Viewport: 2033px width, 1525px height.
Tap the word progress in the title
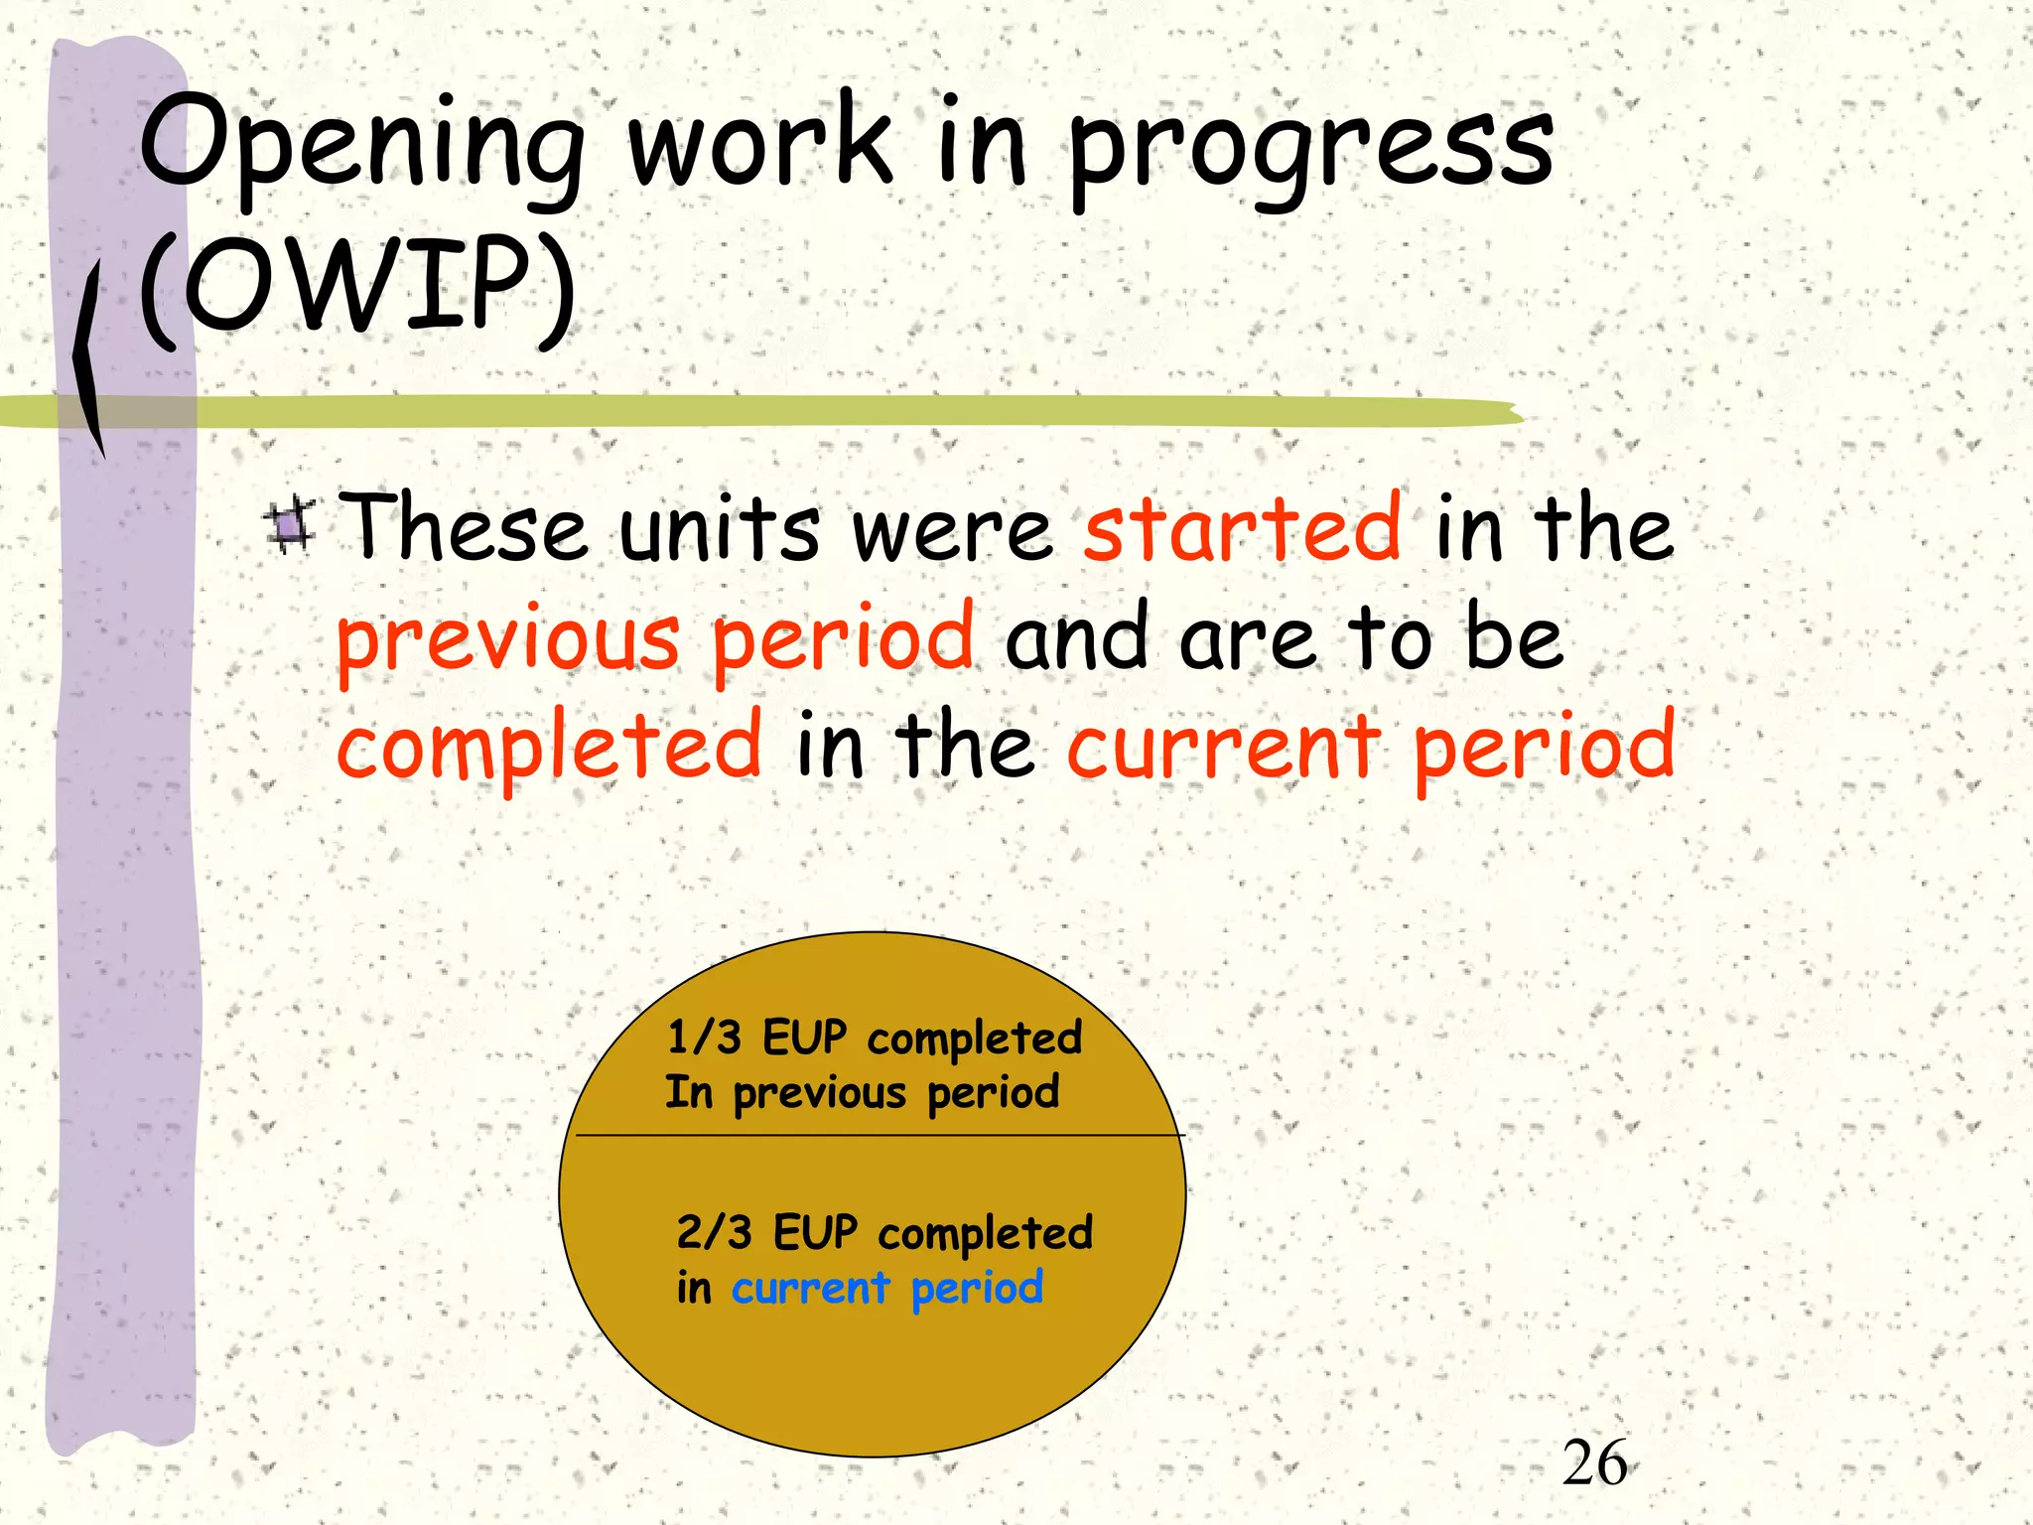point(1310,149)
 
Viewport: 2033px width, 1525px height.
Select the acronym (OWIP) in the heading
point(357,288)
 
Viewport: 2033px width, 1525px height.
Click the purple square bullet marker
point(291,526)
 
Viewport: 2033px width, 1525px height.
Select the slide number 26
point(1594,1463)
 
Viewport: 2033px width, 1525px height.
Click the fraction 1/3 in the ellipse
point(704,1039)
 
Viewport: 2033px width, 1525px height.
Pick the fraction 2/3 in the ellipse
point(714,1233)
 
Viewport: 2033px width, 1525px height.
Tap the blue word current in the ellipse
point(810,1289)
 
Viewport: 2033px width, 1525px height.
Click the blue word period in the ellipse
point(977,1289)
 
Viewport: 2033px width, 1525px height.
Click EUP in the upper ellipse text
point(804,1039)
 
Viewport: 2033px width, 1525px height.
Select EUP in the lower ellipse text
point(815,1233)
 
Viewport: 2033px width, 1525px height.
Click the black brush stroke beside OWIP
point(88,357)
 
